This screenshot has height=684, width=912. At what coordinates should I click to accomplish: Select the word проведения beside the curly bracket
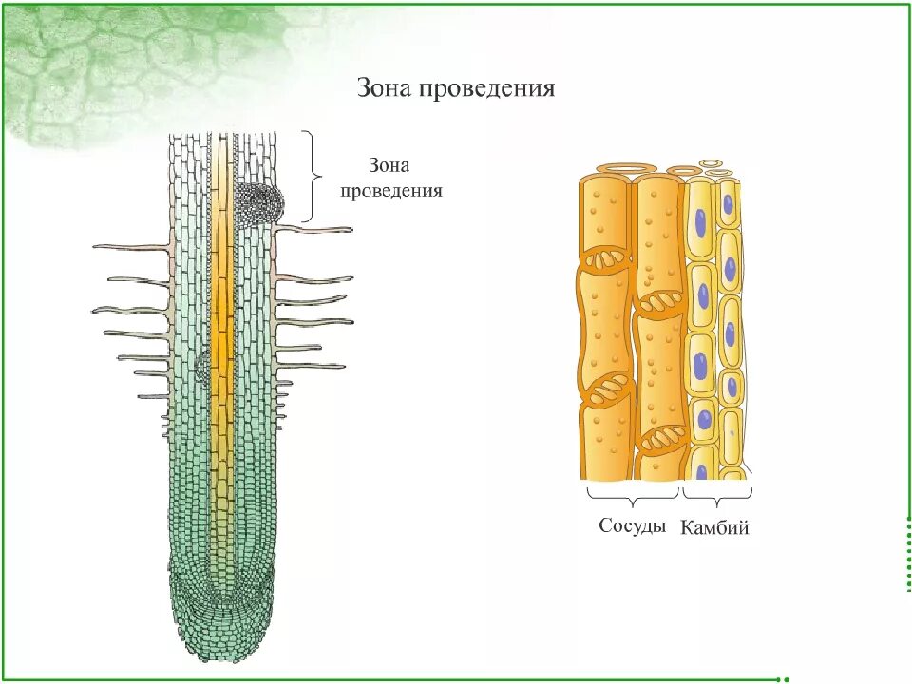(x=406, y=190)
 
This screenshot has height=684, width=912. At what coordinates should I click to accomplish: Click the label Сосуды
(x=632, y=525)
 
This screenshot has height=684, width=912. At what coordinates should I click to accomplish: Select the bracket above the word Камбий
(x=717, y=494)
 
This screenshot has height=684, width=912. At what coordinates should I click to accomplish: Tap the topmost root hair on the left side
(x=133, y=247)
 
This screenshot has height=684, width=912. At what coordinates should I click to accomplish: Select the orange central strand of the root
(x=222, y=332)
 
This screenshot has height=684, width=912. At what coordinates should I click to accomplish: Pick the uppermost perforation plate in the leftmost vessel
(x=606, y=258)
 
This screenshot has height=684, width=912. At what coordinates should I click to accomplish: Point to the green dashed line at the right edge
(x=902, y=551)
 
